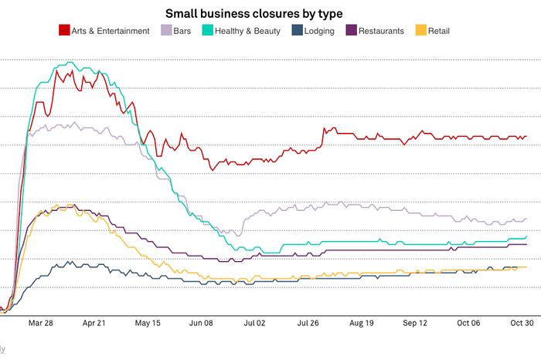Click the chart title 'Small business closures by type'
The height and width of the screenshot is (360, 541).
point(270,14)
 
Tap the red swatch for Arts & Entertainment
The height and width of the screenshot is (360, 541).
point(64,31)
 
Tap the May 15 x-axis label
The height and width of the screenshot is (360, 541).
point(148,324)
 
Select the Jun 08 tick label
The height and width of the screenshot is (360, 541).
point(202,324)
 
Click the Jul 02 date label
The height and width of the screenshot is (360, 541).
point(255,324)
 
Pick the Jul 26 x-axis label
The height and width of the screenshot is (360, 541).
point(308,324)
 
